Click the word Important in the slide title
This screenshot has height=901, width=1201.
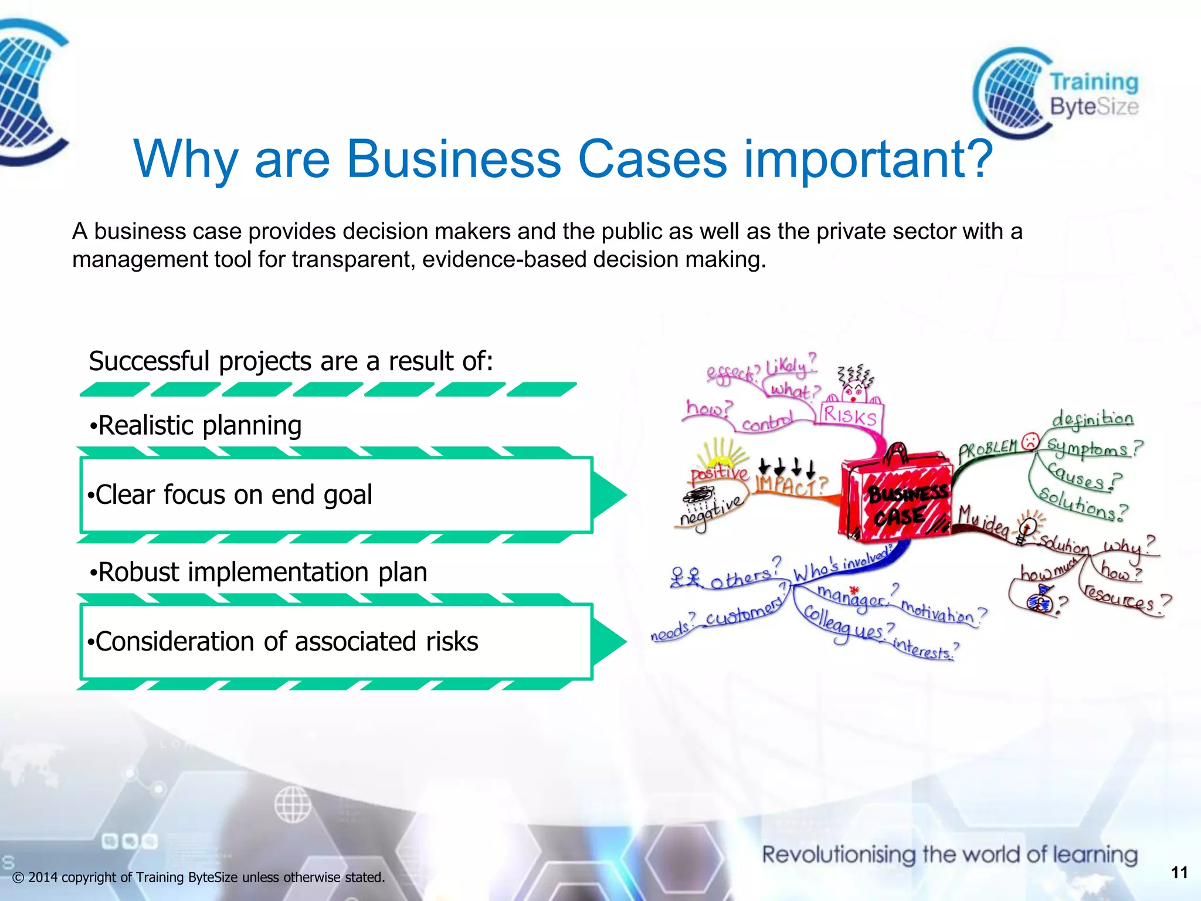(x=868, y=160)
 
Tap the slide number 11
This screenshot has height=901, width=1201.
(x=1179, y=873)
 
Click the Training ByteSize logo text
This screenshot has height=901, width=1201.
(x=1093, y=94)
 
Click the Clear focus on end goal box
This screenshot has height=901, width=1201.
(x=335, y=495)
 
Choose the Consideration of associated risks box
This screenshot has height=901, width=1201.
(x=335, y=642)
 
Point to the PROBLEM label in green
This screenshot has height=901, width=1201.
(x=988, y=449)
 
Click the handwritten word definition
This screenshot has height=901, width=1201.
(x=1092, y=419)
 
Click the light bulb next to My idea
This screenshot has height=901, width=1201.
(x=1027, y=526)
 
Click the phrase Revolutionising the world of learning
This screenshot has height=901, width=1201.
(x=949, y=855)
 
